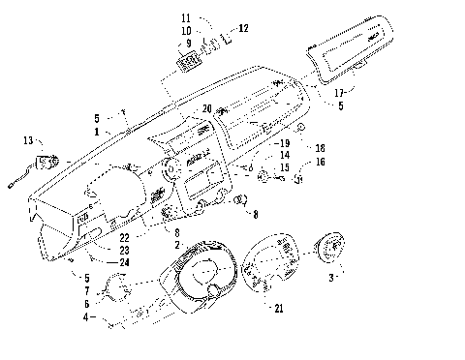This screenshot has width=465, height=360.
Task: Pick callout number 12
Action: tap(243, 29)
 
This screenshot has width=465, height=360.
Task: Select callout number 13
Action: tap(26, 141)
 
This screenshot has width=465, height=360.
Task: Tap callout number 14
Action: tap(285, 156)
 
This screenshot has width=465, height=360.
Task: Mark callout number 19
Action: tap(285, 142)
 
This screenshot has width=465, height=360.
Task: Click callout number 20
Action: tap(207, 107)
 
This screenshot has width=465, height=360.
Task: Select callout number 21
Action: tap(280, 309)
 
